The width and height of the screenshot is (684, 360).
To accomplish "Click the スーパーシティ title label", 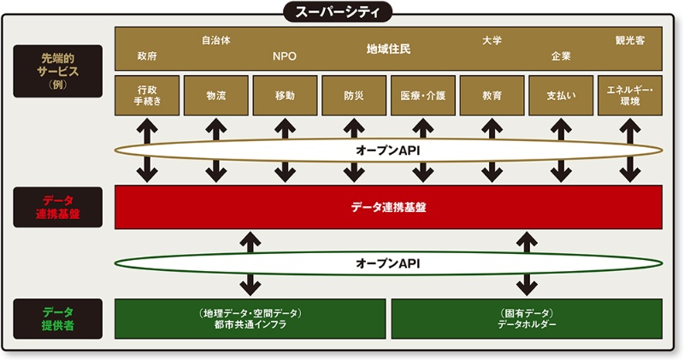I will [x=342, y=11].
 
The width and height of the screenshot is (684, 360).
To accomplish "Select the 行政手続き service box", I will [x=147, y=95].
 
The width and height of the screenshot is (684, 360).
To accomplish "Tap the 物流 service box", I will [x=215, y=95].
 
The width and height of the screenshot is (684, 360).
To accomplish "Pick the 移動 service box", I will [x=285, y=95].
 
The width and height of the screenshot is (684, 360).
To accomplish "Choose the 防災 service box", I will [x=353, y=95].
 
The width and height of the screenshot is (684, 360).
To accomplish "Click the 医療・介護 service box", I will [x=422, y=95].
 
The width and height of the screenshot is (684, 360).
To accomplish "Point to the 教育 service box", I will [x=491, y=95].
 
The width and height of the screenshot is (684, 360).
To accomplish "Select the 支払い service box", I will [x=560, y=95].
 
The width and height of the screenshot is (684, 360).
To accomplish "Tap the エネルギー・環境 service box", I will [x=629, y=95].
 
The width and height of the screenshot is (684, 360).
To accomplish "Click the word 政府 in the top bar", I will [x=147, y=56].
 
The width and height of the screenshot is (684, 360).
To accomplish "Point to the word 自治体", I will [x=215, y=39].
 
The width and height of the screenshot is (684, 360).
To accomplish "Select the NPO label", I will [x=285, y=56].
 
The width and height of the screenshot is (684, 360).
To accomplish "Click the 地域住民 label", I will [x=388, y=49].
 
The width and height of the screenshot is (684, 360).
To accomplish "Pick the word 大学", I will [x=491, y=39].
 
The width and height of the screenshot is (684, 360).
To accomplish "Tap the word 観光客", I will [x=629, y=39].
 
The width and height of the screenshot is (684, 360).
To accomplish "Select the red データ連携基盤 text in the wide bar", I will [x=388, y=207].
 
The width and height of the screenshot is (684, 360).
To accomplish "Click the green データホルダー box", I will [x=527, y=319].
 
